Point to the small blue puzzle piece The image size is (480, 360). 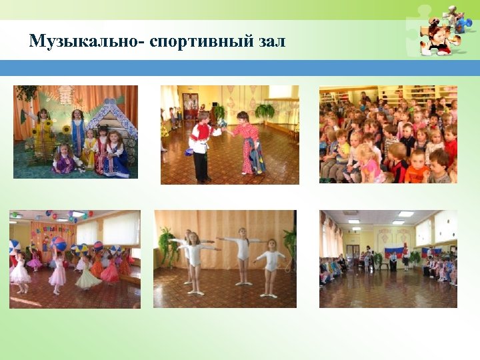[x=463, y=24]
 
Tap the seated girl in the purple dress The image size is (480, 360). [x=65, y=160]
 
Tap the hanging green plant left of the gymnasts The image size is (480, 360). [x=166, y=239]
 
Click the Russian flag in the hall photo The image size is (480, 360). [x=393, y=252]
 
